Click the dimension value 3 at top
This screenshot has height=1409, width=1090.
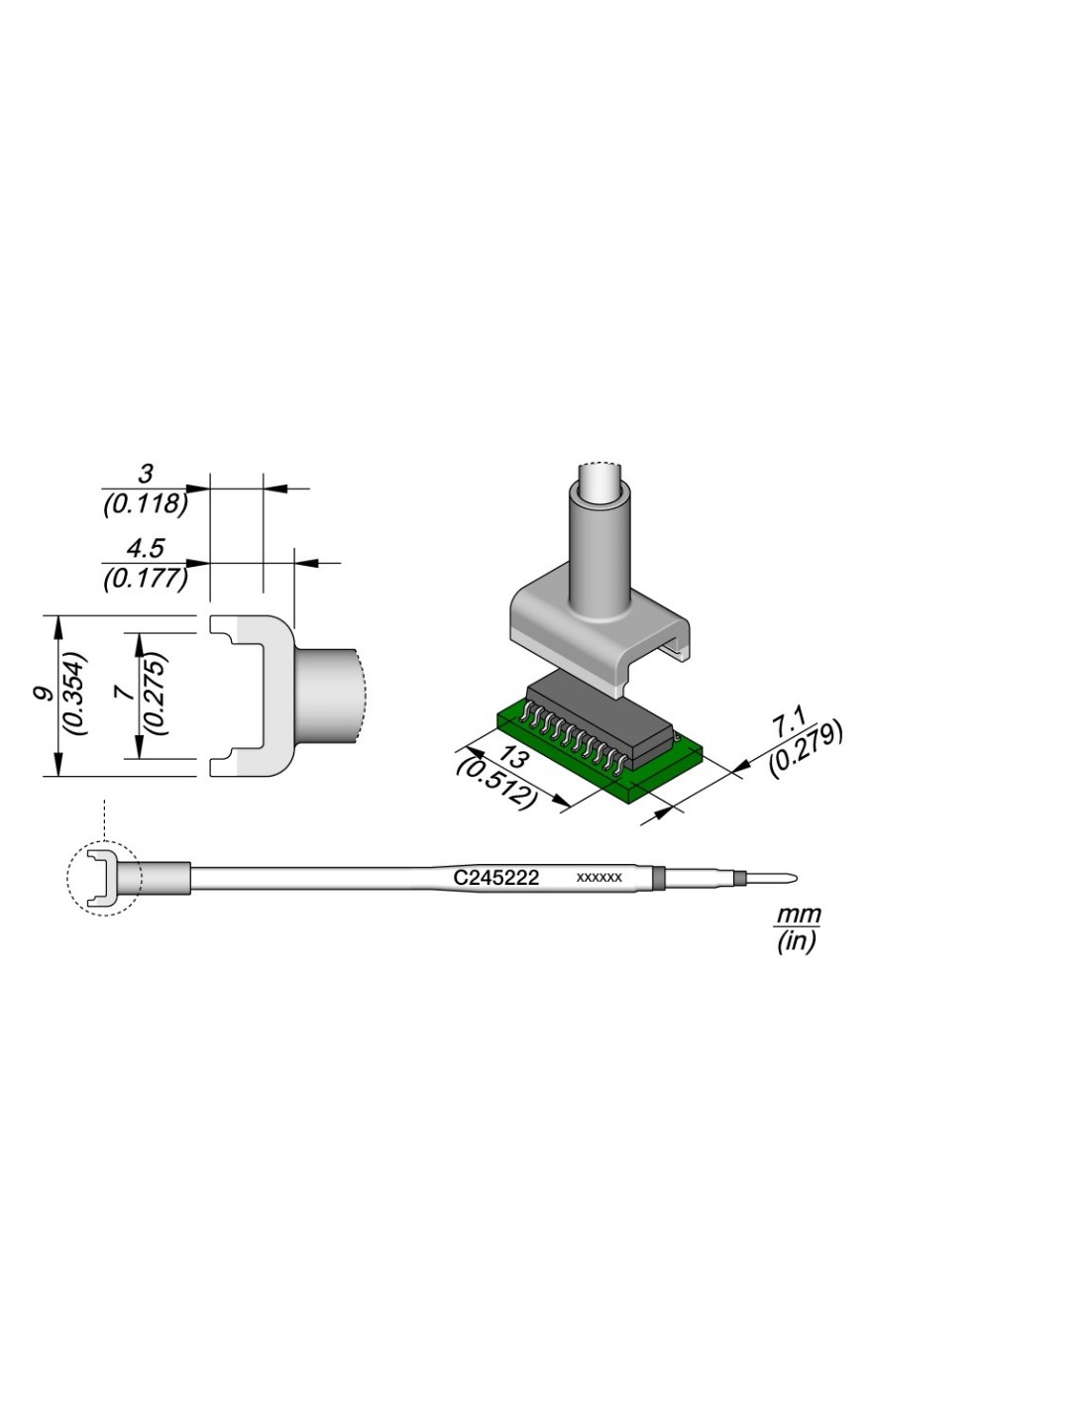(x=146, y=474)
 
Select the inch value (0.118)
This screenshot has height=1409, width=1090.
(x=146, y=503)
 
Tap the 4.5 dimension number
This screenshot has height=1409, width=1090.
(x=146, y=549)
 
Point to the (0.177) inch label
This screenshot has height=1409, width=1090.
(x=146, y=579)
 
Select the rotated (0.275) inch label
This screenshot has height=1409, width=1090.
(x=157, y=694)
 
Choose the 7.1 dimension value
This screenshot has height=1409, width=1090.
(x=787, y=723)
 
